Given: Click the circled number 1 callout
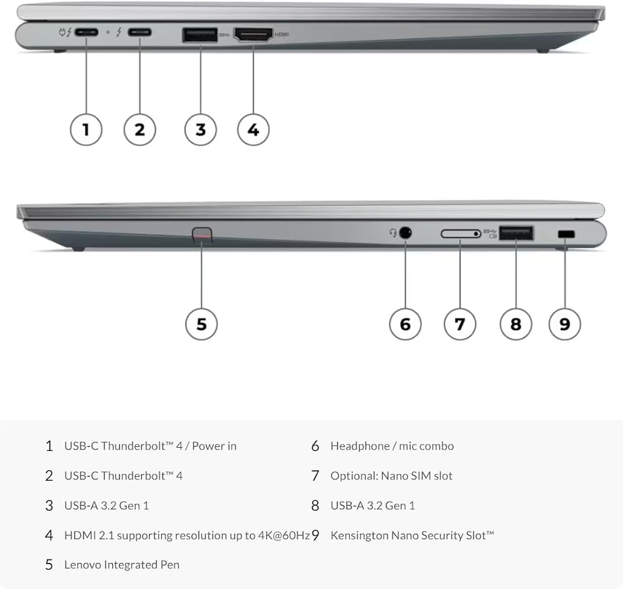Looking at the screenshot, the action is coord(86,130).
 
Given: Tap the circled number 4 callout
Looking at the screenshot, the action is coord(253,130).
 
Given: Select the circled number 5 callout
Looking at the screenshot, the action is coord(201,324).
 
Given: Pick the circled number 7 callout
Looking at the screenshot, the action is coord(460,324).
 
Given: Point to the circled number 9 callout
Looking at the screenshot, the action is coord(564,324).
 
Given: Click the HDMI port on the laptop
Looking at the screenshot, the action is coord(253,35).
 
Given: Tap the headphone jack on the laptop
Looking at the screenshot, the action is coord(405,233).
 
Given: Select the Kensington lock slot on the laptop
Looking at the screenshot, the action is coord(566,234).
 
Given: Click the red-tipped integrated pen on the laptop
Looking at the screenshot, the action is coord(202,235).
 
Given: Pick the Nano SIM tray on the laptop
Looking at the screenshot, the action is coord(461,233).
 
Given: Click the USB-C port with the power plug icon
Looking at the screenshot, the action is coord(86,32).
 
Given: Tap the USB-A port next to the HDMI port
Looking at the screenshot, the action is coord(200,35).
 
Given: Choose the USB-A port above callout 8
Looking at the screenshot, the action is coord(516,233).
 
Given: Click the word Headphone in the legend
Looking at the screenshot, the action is coord(360,446).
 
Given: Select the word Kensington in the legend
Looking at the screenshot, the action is coord(359,535).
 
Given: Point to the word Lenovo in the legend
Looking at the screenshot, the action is coord(83,565).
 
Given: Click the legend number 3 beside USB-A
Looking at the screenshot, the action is coord(49,506).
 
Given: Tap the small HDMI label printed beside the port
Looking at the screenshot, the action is coord(282,34).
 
